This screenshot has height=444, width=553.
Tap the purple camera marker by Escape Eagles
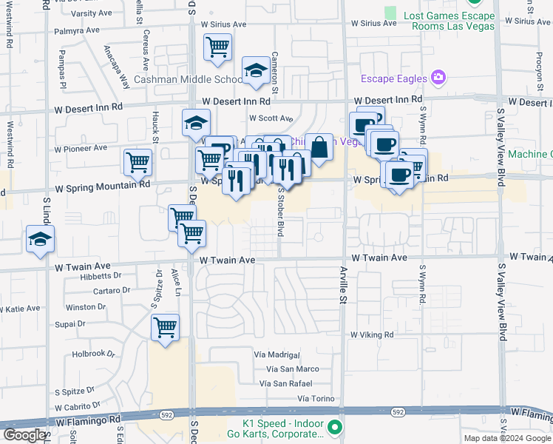[439, 77]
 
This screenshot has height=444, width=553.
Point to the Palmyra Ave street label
[76, 30]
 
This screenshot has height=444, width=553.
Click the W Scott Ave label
[271, 118]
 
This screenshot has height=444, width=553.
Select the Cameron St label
[274, 73]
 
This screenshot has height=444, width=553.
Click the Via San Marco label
[293, 369]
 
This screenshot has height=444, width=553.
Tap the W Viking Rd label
[372, 334]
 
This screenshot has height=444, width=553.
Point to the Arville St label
[343, 284]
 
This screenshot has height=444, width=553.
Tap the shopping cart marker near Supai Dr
[165, 327]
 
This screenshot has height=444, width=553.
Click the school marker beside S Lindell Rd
[40, 239]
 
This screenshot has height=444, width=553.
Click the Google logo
[24, 435]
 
